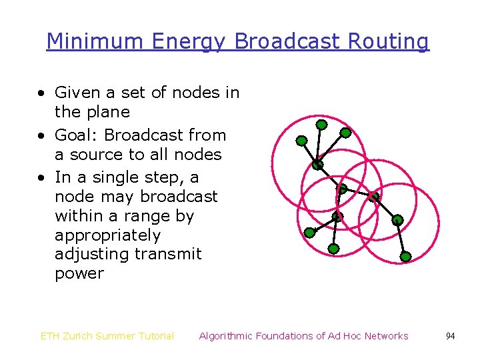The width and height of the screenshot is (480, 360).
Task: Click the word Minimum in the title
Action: [x=95, y=41]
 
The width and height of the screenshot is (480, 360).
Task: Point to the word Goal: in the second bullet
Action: [x=77, y=135]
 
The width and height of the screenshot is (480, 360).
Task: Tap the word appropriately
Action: [x=107, y=236]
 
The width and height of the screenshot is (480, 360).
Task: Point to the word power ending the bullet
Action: [x=79, y=274]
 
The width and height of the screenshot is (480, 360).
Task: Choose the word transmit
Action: [x=168, y=255]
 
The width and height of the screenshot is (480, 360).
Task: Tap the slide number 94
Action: [x=450, y=336]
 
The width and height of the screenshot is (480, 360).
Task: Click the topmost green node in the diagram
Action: [x=321, y=125]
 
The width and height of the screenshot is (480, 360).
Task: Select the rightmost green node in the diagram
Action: [x=405, y=256]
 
